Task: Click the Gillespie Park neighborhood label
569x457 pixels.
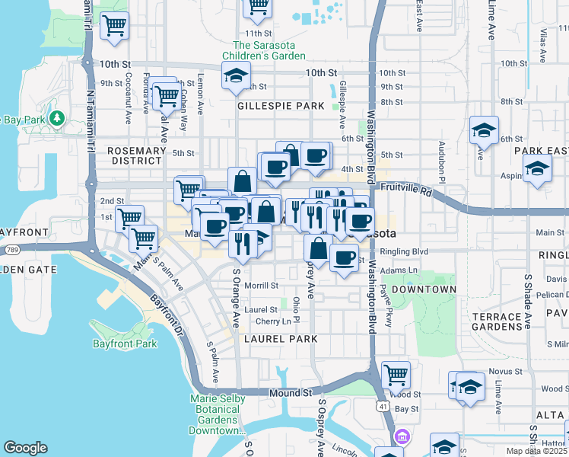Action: coord(275,106)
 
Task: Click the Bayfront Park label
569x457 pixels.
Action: coord(125,344)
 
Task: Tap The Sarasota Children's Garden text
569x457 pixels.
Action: coord(264,50)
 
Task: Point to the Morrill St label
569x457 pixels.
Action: coord(261,286)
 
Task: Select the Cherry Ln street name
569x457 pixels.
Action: coord(275,321)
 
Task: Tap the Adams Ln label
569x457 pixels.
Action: coord(402,270)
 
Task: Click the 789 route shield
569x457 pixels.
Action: coord(11,248)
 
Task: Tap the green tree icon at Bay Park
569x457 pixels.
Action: coord(57,118)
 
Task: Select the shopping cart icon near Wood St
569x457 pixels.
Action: coord(396,375)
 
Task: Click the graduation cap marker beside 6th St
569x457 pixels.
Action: coord(483,130)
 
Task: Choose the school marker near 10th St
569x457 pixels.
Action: coord(236,76)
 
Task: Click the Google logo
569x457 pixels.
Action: coord(25,449)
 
